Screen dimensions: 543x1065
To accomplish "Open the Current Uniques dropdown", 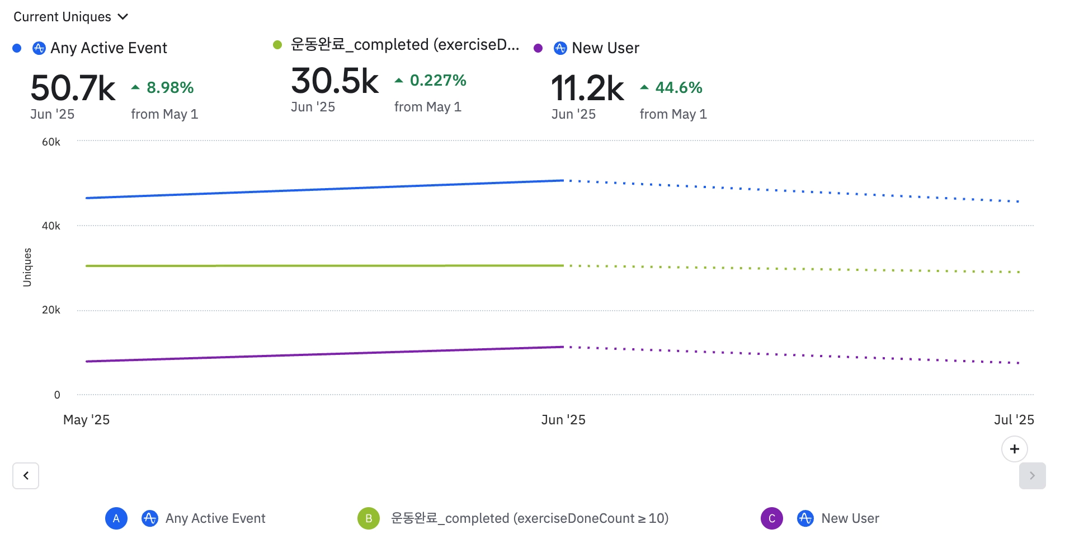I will (x=70, y=17).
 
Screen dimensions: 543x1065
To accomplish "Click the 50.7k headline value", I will (x=73, y=88).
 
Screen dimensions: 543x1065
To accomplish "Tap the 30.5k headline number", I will (x=334, y=81).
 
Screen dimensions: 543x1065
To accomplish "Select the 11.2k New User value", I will (x=587, y=88).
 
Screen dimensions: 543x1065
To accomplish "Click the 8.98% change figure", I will (x=169, y=88).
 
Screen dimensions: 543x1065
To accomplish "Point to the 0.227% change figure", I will (x=437, y=81).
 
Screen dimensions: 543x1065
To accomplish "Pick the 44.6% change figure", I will (x=678, y=88).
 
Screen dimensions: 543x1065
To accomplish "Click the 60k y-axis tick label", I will (x=51, y=142).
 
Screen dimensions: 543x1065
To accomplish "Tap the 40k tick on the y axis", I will (x=51, y=226).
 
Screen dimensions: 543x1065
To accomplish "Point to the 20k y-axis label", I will (x=51, y=310).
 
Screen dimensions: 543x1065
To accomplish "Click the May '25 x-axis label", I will (x=86, y=420).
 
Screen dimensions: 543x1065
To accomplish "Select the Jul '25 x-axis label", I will (x=1014, y=420).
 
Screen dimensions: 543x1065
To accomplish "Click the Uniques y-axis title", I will (x=27, y=268).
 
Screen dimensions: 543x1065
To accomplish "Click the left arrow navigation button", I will (x=26, y=476).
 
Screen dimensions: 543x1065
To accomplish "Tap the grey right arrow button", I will (x=1032, y=476).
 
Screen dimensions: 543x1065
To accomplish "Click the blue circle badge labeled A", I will (x=116, y=518).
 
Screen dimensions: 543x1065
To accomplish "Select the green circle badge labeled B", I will (x=369, y=518).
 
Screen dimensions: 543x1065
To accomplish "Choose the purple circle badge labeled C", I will (x=772, y=518).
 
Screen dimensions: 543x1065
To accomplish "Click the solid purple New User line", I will (x=324, y=354).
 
